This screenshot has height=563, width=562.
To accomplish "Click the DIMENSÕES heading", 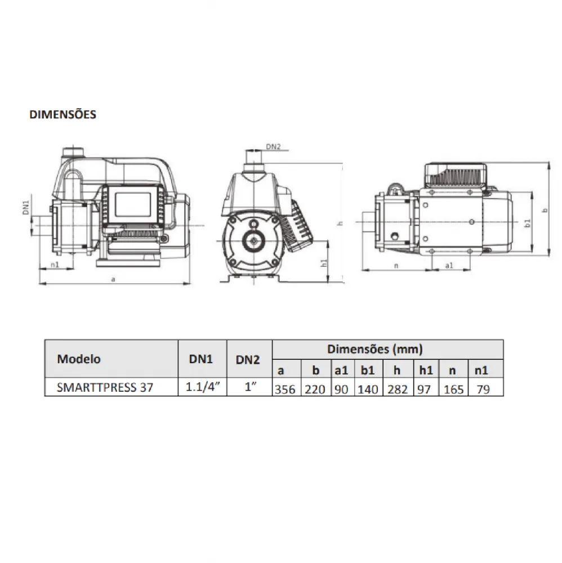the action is (x=63, y=114).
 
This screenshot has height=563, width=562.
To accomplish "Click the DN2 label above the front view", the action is (x=273, y=147).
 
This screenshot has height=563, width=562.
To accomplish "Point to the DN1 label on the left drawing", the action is (x=26, y=208).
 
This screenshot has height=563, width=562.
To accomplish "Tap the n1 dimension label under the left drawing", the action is (x=55, y=265).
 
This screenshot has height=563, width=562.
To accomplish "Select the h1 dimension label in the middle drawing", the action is (x=324, y=262).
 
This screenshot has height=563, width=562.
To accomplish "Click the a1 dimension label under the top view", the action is (x=449, y=265).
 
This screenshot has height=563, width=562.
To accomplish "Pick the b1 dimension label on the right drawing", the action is (x=528, y=222).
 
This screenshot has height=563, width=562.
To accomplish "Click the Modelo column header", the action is (x=79, y=359).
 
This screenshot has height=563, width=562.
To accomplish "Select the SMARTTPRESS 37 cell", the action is (x=105, y=387).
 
